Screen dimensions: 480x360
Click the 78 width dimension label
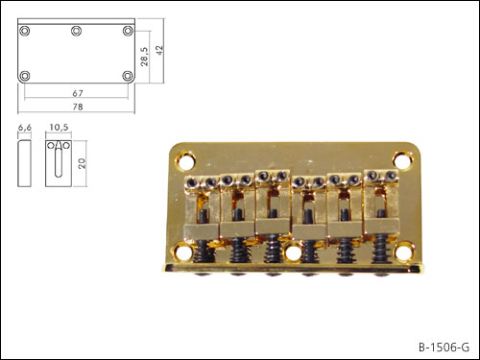78,107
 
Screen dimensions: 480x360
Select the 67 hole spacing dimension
78,93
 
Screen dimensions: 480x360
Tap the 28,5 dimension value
145,57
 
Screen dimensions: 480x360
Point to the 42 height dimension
159,50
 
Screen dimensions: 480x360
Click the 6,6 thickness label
25,128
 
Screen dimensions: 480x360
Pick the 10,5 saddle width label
59,128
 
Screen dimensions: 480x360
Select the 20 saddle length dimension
83,163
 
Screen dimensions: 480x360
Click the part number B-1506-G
444,348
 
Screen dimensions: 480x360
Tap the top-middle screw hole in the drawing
76,31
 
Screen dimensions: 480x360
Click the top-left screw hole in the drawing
25,31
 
